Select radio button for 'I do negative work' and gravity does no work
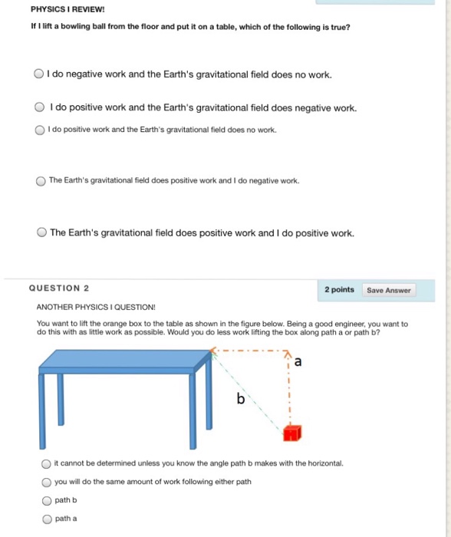(38, 74)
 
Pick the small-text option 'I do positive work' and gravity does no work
(39, 130)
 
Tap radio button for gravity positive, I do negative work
(41, 181)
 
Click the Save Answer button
(389, 290)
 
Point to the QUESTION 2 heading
(59, 288)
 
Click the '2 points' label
(339, 290)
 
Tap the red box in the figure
(290, 435)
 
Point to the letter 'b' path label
(240, 399)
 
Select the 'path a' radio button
(47, 519)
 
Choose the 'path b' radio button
(47, 500)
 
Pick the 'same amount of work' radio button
(47, 482)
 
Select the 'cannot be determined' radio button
(47, 463)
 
